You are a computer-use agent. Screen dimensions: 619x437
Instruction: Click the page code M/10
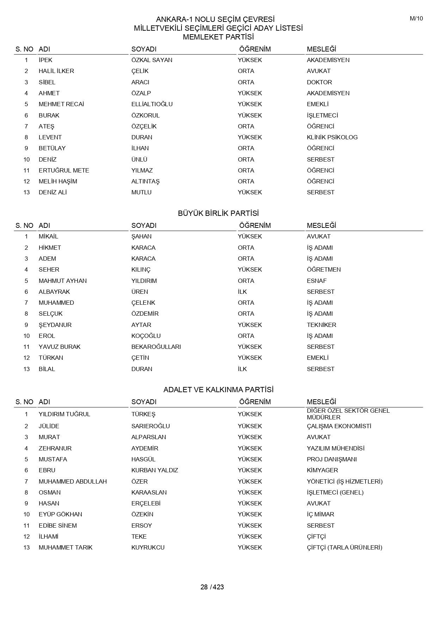coord(416,19)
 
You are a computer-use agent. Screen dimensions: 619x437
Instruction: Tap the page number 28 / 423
coord(212,587)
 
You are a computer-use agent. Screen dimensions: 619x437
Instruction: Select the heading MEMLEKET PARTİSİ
coord(218,37)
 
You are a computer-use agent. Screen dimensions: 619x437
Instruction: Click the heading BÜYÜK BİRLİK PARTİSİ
coord(218,213)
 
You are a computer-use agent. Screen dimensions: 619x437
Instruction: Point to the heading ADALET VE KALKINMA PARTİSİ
coord(218,390)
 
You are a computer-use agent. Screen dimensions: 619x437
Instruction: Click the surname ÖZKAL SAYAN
coord(152,60)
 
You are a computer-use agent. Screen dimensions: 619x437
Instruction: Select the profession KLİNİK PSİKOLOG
coord(332,137)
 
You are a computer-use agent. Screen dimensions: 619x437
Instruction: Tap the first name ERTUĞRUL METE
coord(64,170)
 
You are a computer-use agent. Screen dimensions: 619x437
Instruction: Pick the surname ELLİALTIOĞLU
coord(152,104)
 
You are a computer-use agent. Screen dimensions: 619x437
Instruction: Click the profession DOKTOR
coord(319,82)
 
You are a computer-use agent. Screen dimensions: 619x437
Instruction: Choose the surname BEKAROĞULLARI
coord(156,347)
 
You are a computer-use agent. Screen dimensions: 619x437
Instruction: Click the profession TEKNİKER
coord(321,325)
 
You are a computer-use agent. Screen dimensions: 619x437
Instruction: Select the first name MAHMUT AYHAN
coord(63,281)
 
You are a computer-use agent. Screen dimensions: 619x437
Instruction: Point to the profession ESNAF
coord(316,281)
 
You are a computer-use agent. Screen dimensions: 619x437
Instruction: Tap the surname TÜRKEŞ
coord(143,414)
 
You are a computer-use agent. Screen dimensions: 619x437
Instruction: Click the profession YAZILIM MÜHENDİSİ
coord(336,448)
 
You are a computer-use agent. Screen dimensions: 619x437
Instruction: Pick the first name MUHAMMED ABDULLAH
coord(73,481)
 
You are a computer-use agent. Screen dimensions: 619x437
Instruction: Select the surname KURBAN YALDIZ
coord(155,470)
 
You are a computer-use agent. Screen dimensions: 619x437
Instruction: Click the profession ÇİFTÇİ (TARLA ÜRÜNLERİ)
coord(344,547)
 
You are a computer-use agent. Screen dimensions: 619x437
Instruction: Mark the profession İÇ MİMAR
coord(320,514)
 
